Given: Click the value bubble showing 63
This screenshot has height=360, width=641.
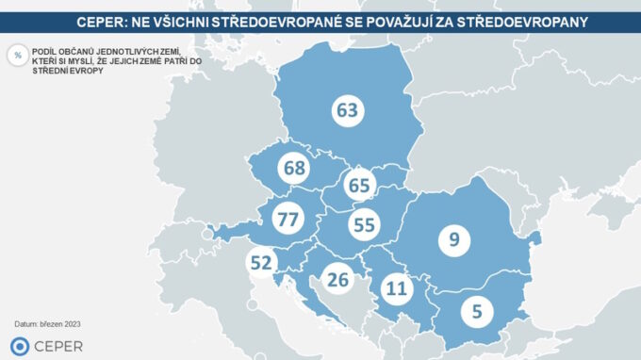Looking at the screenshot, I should coord(348,110).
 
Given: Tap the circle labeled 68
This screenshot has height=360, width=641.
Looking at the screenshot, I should coord(294,170).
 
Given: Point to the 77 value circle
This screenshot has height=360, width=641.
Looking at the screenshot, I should coord(287,220).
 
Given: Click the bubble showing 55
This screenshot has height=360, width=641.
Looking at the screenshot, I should coord(363,224).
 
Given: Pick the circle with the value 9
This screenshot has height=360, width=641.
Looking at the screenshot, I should coord(454,239).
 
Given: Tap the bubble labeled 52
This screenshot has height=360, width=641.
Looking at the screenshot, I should coord(262,263).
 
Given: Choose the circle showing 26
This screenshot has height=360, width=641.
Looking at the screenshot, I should coord(337,278).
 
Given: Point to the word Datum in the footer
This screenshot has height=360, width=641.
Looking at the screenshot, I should coord(25,324).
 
